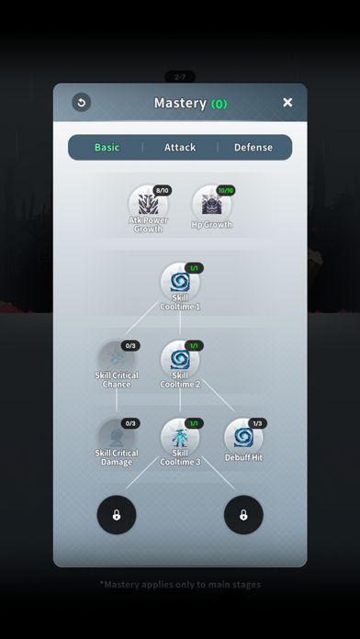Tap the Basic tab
(x=107, y=147)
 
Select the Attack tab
(x=180, y=147)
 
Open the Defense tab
(x=253, y=147)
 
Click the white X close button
(x=287, y=103)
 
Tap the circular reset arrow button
(x=81, y=103)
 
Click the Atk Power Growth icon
(x=148, y=203)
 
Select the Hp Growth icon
(x=211, y=203)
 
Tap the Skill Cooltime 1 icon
(x=180, y=281)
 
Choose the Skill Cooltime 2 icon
(x=180, y=358)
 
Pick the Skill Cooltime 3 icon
(x=180, y=436)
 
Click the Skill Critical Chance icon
(x=117, y=358)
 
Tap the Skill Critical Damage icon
(x=117, y=436)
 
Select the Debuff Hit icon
(x=243, y=436)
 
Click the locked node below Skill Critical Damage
(x=117, y=515)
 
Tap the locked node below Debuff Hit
(x=243, y=515)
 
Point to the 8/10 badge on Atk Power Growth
(x=163, y=190)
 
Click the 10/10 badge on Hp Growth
(x=226, y=190)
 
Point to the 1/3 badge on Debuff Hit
(x=257, y=423)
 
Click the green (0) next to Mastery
(x=219, y=104)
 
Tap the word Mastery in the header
(x=180, y=103)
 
